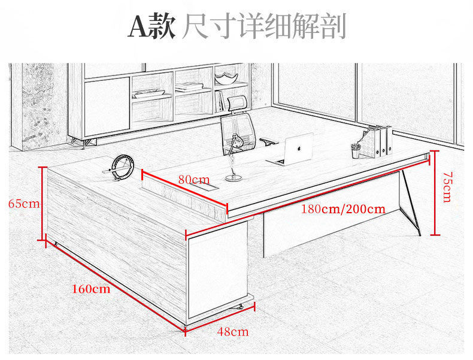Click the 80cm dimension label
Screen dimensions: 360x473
tap(194, 179)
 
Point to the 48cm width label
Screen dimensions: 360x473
tap(233, 331)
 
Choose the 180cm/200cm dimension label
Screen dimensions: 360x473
tap(343, 209)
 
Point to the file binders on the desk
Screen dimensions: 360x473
tap(381, 141)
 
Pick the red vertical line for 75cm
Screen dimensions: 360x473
tap(436, 193)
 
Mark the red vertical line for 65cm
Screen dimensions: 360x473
tap(43, 202)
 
